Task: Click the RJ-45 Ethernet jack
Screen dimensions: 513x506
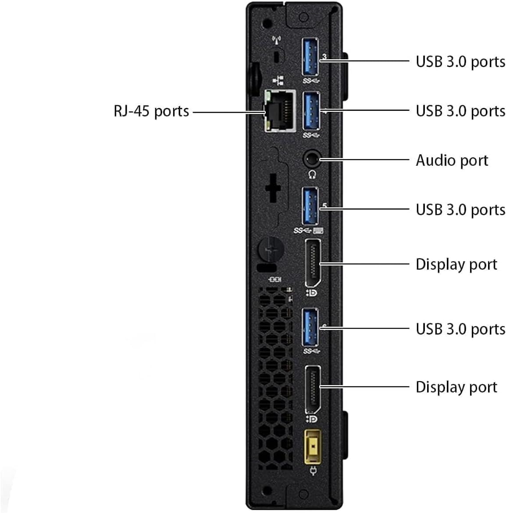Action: (x=280, y=110)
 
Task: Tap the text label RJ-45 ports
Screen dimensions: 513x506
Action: (x=151, y=111)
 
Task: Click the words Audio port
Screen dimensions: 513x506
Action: (x=452, y=160)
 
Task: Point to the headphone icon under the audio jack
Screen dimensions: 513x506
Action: (x=312, y=175)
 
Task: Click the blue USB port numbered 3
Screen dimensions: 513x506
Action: (x=311, y=58)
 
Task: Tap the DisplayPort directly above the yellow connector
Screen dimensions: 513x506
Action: (x=312, y=388)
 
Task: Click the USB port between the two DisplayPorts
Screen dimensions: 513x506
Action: (x=311, y=328)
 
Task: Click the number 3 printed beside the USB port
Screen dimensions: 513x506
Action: (x=324, y=57)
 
